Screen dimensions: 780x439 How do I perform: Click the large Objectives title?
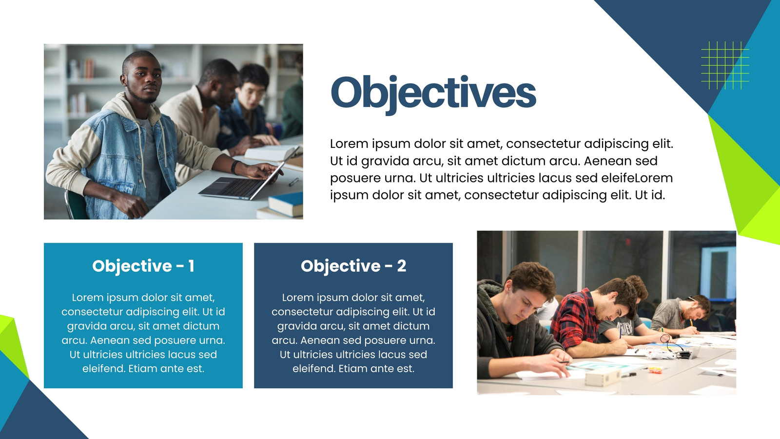433,93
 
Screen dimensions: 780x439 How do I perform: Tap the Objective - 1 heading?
143,266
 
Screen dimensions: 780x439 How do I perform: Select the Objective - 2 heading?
353,266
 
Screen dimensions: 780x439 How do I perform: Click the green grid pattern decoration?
725,65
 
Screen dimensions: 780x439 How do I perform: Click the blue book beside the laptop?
286,204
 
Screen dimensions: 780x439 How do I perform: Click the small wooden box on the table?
603,377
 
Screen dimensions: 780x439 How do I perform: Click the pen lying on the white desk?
293,181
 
